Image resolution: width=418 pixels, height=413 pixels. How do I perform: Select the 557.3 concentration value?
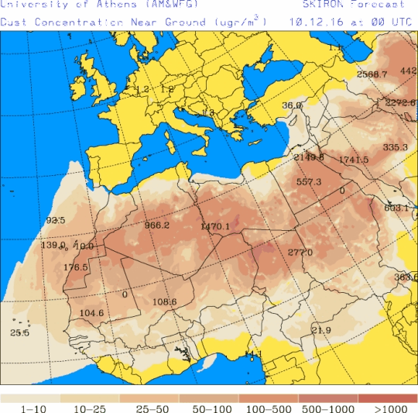(x=309, y=181)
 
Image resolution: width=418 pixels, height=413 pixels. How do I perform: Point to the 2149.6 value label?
(x=309, y=157)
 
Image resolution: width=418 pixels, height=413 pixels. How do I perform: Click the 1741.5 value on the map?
(x=354, y=160)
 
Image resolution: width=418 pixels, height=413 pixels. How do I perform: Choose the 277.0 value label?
(x=300, y=252)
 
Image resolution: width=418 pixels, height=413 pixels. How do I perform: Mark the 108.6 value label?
(x=165, y=301)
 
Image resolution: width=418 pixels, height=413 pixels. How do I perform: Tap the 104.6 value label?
(x=91, y=313)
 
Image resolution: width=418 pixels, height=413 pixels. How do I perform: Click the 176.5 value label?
(x=76, y=267)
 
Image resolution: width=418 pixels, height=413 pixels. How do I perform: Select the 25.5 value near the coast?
(x=19, y=332)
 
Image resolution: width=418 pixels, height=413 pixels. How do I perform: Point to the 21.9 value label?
(x=320, y=330)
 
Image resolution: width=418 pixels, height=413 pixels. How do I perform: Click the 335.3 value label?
(x=395, y=146)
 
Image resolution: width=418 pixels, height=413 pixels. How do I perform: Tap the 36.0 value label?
(x=292, y=105)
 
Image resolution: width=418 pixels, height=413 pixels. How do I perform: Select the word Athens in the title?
(x=119, y=5)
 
